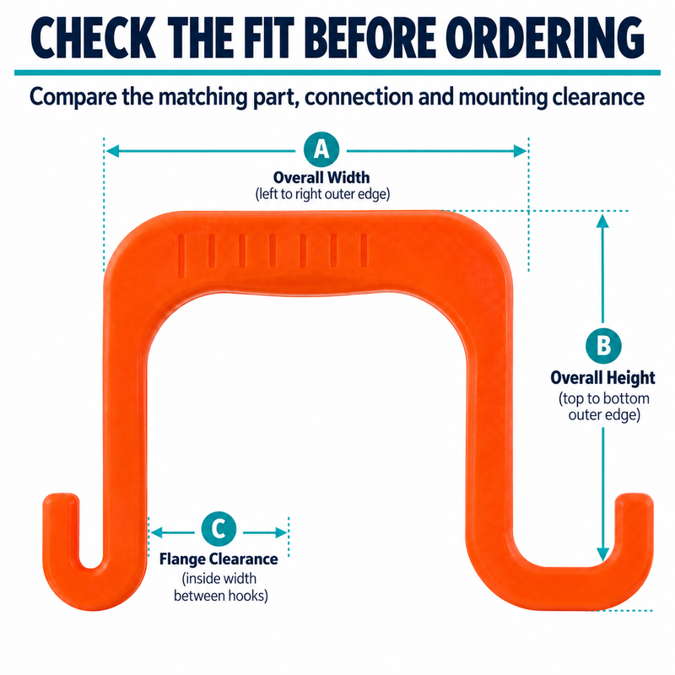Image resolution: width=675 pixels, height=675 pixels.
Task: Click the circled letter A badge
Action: pyautogui.click(x=321, y=150)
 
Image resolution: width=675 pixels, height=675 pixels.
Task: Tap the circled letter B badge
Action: pyautogui.click(x=603, y=346)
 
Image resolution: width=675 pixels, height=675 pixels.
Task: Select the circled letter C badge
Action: pyautogui.click(x=219, y=529)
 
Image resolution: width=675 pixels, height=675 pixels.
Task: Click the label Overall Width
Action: pyautogui.click(x=321, y=177)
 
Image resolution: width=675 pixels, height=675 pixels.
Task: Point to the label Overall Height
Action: pyautogui.click(x=602, y=377)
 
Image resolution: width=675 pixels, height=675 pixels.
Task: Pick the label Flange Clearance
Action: pyautogui.click(x=219, y=559)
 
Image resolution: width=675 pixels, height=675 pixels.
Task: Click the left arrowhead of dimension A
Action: pyautogui.click(x=112, y=151)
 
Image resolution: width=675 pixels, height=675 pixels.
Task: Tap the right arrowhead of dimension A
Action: pyautogui.click(x=520, y=151)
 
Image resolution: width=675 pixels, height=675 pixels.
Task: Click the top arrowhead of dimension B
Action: pyautogui.click(x=602, y=221)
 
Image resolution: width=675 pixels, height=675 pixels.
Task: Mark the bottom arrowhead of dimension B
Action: pyautogui.click(x=602, y=554)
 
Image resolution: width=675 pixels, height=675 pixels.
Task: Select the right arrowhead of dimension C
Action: pyautogui.click(x=281, y=532)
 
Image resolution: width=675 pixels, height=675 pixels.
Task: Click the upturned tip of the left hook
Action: pyautogui.click(x=61, y=496)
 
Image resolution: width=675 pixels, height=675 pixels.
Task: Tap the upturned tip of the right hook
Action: pyautogui.click(x=634, y=496)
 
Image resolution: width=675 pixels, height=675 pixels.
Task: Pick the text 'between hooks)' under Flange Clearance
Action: pyautogui.click(x=221, y=596)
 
